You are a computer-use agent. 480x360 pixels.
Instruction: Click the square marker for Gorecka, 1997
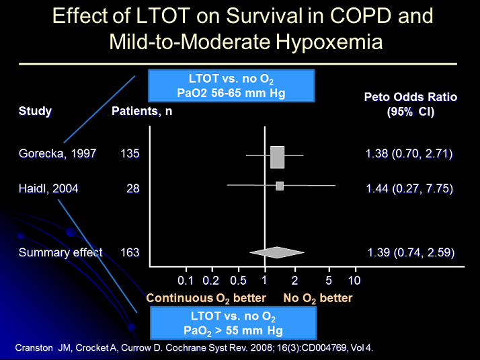[277, 157]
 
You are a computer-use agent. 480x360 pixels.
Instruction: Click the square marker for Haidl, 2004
[280, 186]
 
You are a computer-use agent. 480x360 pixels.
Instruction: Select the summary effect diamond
[276, 252]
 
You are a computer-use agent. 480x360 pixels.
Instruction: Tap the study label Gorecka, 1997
[57, 153]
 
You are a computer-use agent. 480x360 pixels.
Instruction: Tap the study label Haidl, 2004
[48, 188]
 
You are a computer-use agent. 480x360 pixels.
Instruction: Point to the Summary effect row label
[61, 252]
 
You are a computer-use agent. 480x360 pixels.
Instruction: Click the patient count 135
[130, 153]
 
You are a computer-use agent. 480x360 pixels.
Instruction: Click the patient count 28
[133, 188]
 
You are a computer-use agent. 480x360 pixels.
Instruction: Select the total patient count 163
[130, 252]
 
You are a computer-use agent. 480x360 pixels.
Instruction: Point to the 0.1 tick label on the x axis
[186, 280]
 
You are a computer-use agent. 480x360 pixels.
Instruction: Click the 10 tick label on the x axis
[354, 280]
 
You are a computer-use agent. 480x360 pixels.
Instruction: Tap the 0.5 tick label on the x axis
[238, 280]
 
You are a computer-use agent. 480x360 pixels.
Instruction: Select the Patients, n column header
[141, 111]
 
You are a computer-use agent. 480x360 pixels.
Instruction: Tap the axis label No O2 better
[317, 297]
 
